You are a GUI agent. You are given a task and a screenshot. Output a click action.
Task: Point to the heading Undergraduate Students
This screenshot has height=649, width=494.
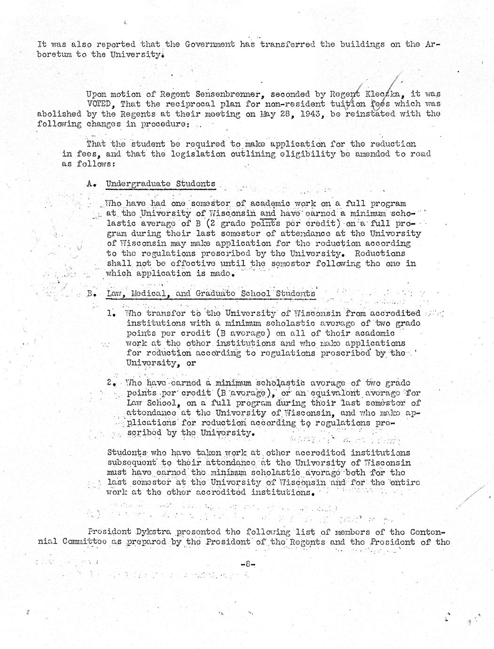pyautogui.click(x=161, y=183)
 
